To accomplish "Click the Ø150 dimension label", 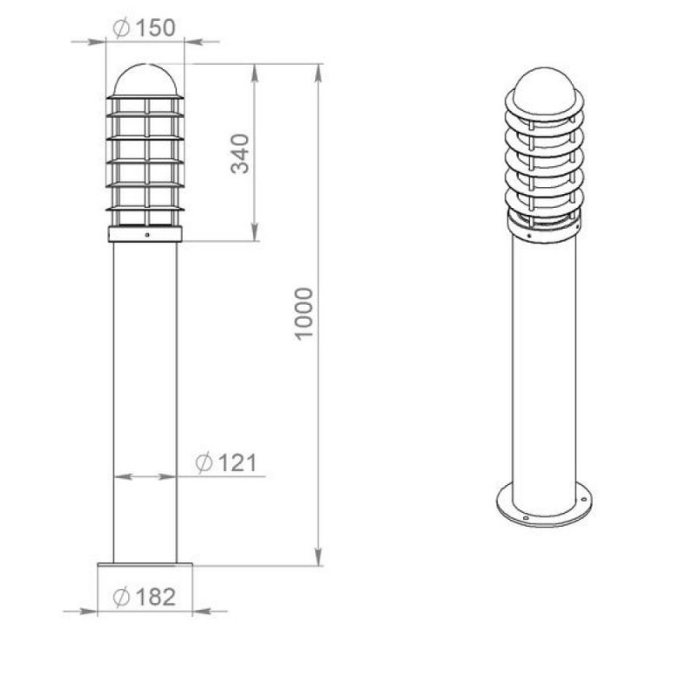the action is [145, 28].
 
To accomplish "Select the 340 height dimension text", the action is [240, 154].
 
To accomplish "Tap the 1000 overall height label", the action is [304, 314].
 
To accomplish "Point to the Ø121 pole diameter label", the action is [226, 463].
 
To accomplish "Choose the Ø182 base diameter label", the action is [145, 597].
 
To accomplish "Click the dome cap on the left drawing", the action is [145, 80].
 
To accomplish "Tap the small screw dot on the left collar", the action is [147, 235].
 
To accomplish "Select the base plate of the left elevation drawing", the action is [145, 565].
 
